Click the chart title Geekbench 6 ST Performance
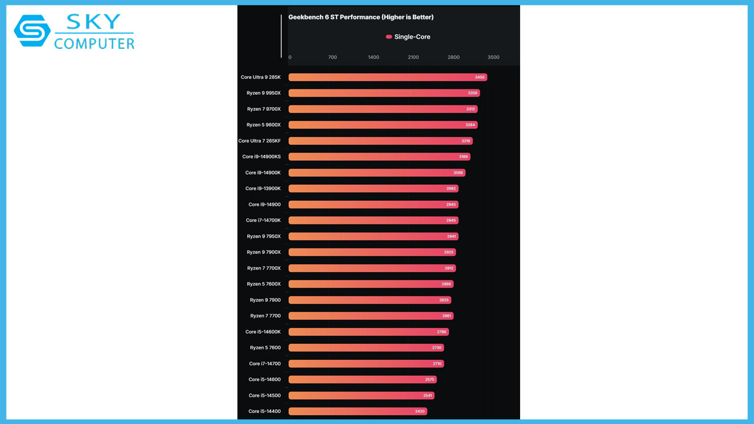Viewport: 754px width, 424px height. (361, 17)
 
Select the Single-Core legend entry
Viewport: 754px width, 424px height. (408, 37)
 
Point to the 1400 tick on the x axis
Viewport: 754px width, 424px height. (373, 57)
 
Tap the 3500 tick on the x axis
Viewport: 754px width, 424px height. (494, 57)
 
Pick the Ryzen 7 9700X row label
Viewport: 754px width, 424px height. (264, 109)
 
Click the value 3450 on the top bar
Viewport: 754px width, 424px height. (479, 77)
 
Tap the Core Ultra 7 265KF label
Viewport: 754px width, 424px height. (260, 141)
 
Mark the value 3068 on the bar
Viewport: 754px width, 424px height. (458, 173)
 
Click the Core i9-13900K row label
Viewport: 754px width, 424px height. (263, 188)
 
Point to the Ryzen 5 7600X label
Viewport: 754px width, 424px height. (264, 284)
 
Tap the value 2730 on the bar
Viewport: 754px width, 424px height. (437, 347)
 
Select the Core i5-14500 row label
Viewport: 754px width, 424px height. (264, 395)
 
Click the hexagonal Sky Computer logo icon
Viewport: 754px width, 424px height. (33, 31)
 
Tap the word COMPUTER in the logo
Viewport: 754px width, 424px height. (94, 43)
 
